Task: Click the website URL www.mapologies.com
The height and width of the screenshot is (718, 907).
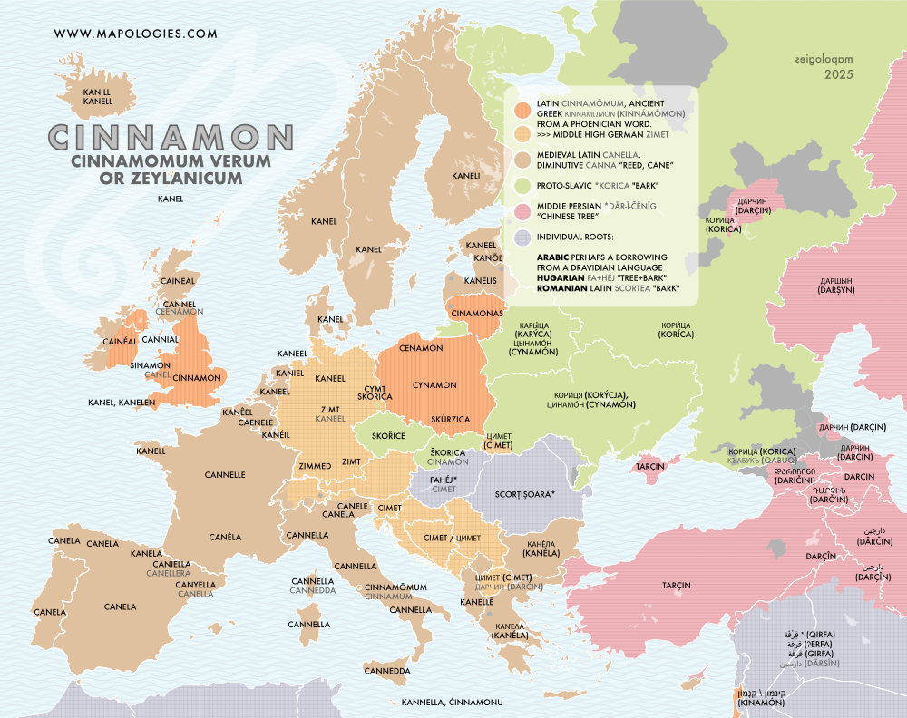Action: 136,34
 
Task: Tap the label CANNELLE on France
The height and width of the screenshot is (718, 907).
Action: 225,474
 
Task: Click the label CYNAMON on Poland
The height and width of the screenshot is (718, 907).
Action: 434,385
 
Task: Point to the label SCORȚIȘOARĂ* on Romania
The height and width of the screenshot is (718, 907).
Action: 525,494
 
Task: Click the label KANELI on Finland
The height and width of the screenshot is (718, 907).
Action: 466,176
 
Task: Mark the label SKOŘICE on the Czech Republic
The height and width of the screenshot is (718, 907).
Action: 388,436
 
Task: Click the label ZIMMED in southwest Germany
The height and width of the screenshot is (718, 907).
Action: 316,466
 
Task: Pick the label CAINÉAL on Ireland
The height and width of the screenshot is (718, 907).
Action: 120,341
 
